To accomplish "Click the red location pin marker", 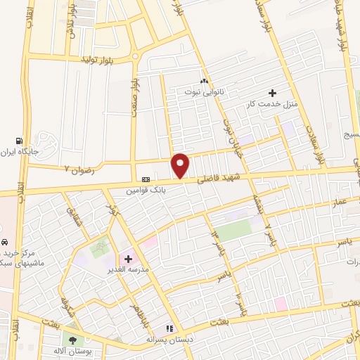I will [181, 166].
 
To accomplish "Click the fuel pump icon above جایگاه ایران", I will [27, 139].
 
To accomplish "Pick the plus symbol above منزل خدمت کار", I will [272, 92].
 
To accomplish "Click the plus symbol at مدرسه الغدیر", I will [128, 259].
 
